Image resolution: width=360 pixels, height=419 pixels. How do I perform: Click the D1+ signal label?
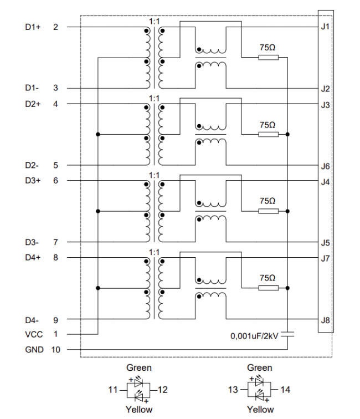coord(33,27)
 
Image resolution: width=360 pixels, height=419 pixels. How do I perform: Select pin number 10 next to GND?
coord(55,350)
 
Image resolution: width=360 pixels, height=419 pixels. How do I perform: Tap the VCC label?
coord(33,334)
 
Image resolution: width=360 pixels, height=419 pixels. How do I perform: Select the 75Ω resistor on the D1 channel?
coord(268,57)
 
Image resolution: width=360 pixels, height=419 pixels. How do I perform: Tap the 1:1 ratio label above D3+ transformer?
coord(154,175)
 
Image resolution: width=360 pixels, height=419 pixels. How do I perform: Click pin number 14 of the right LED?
coord(285,390)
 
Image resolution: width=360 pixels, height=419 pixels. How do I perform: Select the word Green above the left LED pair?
coord(138,367)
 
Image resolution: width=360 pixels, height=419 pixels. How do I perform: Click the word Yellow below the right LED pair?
coord(260,410)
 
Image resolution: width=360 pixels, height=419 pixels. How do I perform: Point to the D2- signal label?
coord(33,165)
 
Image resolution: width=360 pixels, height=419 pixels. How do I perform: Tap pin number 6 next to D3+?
coord(55,181)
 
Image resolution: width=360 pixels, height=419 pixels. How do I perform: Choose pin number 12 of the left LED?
coord(163,390)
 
